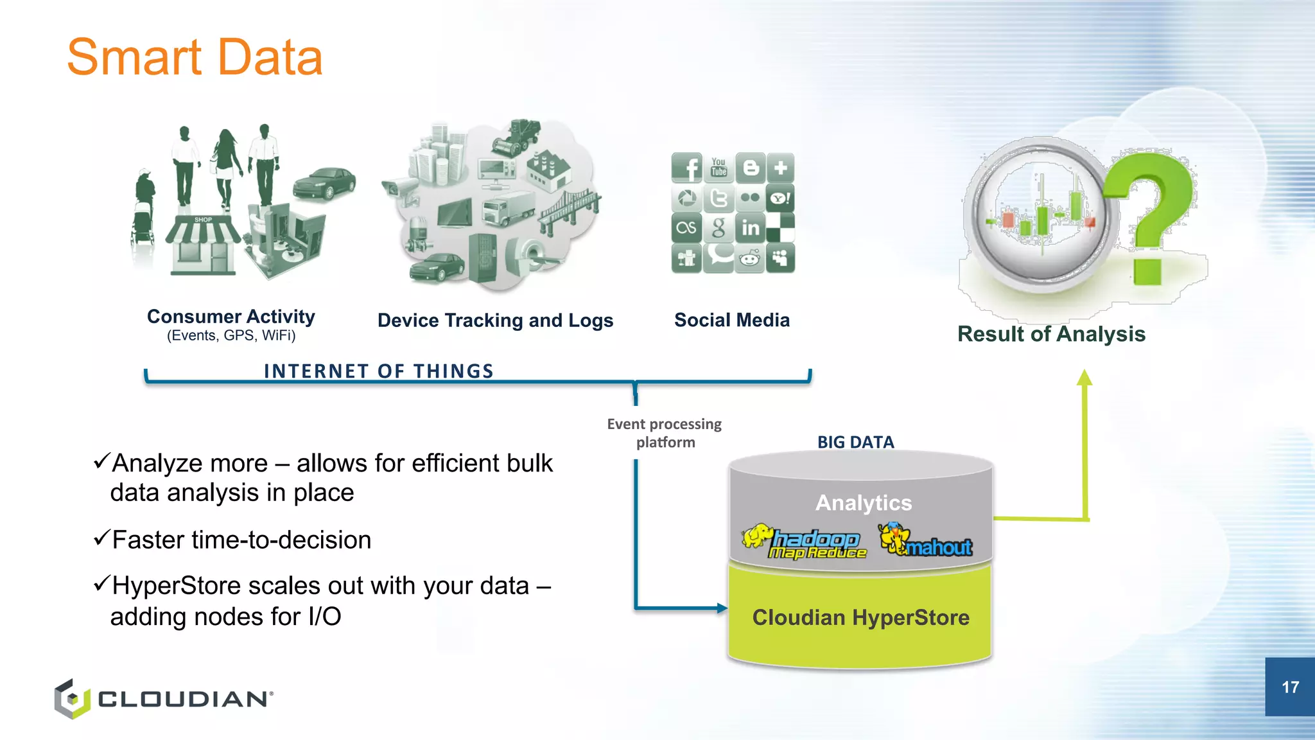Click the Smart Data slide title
(x=195, y=58)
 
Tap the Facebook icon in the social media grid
(x=686, y=168)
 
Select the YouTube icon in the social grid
(x=718, y=167)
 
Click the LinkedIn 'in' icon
(x=749, y=228)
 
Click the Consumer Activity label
(x=231, y=317)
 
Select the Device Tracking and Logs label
(x=495, y=321)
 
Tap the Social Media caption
(x=731, y=320)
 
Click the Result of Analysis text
(x=1051, y=334)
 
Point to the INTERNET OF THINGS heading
(x=379, y=371)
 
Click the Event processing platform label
(x=665, y=433)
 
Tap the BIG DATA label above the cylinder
(x=855, y=442)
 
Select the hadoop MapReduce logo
(x=805, y=542)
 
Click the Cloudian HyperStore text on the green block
(x=860, y=617)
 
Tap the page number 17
(x=1290, y=687)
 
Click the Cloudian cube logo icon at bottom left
(x=72, y=699)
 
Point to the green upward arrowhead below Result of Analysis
(x=1084, y=378)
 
